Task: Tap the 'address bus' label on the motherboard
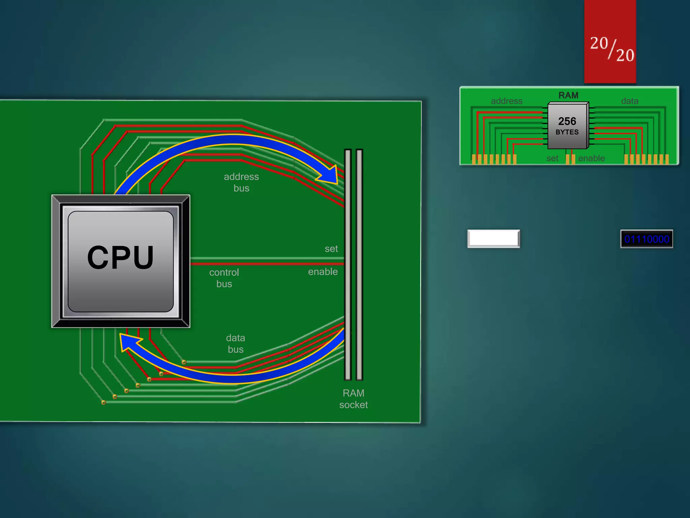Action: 241,182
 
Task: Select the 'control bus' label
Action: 224,278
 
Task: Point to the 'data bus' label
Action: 236,343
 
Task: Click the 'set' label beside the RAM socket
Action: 331,249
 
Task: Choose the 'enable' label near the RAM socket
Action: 323,272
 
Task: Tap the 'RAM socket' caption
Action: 353,399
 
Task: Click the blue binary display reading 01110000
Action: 647,239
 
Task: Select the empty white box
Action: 494,239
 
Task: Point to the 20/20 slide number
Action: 612,49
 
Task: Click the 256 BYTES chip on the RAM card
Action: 567,126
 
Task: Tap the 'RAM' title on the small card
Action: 568,95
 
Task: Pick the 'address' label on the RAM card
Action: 506,101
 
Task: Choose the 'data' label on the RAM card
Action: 630,101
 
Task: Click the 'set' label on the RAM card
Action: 552,159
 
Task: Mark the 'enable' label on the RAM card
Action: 591,159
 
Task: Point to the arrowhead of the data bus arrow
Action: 128,342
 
